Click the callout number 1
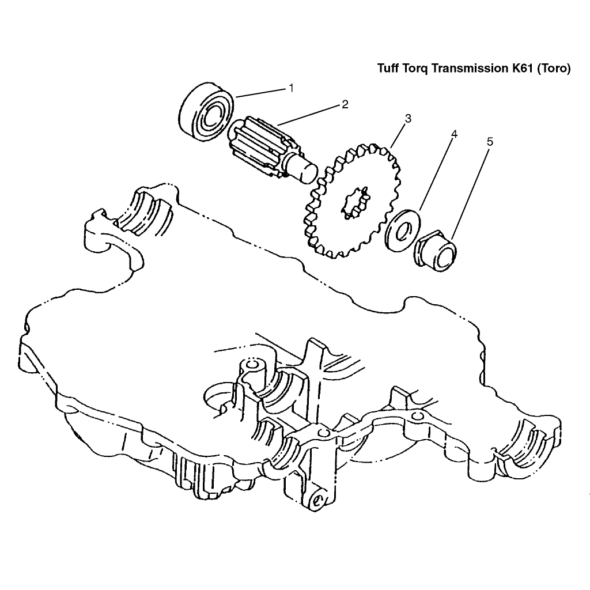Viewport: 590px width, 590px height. click(291, 88)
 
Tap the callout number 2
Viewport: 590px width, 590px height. click(345, 104)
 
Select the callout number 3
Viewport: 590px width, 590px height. click(408, 119)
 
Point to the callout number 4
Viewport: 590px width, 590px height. click(454, 134)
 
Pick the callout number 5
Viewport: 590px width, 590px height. click(490, 142)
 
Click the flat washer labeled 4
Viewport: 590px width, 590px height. click(402, 231)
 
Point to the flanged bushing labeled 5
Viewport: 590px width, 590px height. click(436, 250)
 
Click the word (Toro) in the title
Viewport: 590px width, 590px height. click(554, 69)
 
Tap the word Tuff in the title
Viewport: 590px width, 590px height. click(388, 69)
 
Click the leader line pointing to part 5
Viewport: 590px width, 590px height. click(470, 195)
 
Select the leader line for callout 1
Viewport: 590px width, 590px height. click(261, 93)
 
